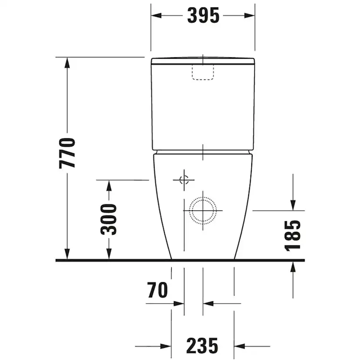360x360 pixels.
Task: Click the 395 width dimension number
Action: [x=203, y=16]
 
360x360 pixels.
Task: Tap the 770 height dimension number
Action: [x=67, y=153]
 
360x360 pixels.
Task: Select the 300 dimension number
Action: [x=109, y=219]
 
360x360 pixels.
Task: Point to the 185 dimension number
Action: [x=293, y=236]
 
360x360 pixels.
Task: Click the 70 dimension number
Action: [x=157, y=290]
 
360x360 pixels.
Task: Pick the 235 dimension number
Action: [x=202, y=345]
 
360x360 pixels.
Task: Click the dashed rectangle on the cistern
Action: [x=203, y=72]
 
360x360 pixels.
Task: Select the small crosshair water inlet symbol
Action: [x=184, y=180]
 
